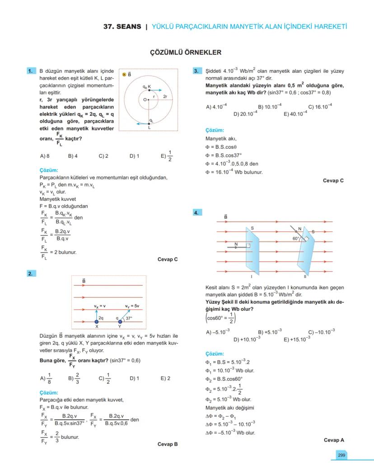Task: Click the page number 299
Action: point(341,455)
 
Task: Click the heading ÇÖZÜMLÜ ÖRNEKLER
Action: point(186,52)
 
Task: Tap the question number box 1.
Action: point(31,71)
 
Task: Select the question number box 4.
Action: point(197,212)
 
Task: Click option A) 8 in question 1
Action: point(45,156)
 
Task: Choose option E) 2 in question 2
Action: point(165,378)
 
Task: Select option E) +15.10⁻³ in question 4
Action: point(297,339)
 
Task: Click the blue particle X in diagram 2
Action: point(97,321)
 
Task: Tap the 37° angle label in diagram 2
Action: point(129,318)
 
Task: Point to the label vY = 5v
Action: point(132,306)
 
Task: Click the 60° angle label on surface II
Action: point(296,237)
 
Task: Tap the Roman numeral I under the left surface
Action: point(251,277)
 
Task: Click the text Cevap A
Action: point(334,440)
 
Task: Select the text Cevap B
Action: point(168,444)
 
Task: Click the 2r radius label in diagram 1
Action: point(165,97)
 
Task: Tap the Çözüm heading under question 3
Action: point(215,130)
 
